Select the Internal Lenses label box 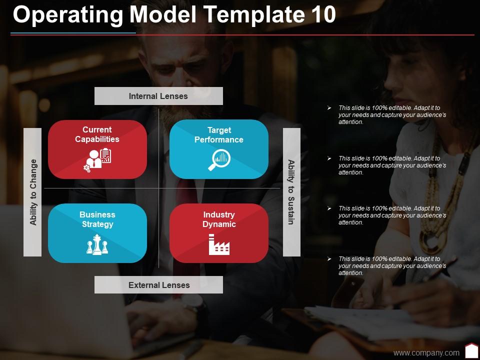158,96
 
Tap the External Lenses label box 159,285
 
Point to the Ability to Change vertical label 33,192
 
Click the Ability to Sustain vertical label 291,192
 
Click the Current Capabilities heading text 97,134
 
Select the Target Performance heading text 219,135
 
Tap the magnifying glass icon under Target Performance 218,160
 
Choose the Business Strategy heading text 97,219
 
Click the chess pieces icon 97,245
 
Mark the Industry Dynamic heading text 219,219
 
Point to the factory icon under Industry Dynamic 218,245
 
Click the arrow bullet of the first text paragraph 329,108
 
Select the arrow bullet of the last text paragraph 329,259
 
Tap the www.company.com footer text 426,353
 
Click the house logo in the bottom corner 471,351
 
